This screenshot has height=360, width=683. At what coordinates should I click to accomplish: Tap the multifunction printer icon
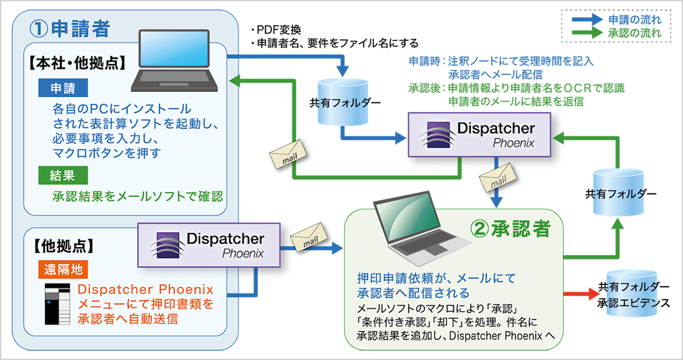coord(58,304)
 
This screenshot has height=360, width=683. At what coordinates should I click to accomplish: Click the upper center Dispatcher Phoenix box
coord(479,134)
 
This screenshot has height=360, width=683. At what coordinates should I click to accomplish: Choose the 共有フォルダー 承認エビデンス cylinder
coord(627,294)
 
